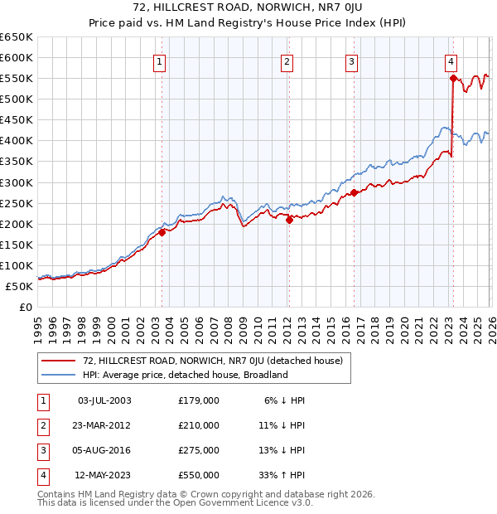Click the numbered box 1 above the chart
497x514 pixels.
point(159,61)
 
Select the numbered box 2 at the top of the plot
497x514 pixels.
point(286,61)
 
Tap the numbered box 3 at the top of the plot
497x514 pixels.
point(351,61)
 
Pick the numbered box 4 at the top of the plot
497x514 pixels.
point(451,61)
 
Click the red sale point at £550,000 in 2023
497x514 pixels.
point(453,79)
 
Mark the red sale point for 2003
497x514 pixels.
point(162,232)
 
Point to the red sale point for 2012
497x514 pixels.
point(289,220)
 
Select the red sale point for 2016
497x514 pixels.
point(354,192)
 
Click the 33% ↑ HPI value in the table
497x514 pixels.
point(281,475)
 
